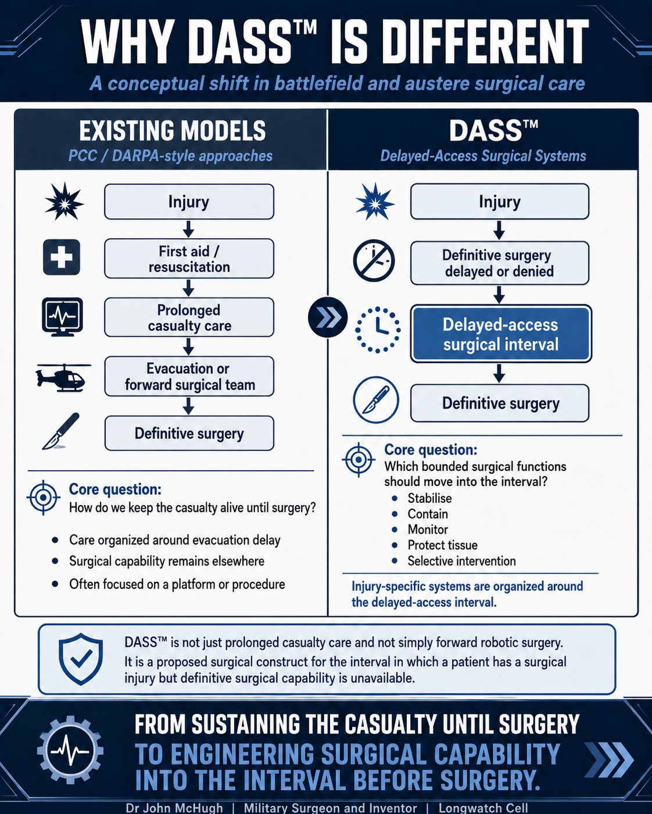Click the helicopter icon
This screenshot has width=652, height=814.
coord(63,377)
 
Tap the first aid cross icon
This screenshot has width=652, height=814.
coord(62,257)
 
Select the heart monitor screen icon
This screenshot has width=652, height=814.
coord(63,317)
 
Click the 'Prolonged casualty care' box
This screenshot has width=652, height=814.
coord(189,318)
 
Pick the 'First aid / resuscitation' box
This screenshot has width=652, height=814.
coord(189,259)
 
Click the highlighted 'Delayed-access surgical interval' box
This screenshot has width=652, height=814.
coord(501,334)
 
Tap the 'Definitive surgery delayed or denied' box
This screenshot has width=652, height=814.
coord(499,263)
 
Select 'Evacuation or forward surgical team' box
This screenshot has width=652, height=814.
coord(189,376)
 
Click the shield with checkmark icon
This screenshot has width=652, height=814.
coord(81,660)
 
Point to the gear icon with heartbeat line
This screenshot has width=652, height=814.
coord(70,750)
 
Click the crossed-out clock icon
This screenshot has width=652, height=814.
coord(374,261)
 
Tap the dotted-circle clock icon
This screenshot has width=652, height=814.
coord(378,330)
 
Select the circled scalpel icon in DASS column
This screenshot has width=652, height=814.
coord(375,400)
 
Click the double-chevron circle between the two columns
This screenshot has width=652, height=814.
coord(328,318)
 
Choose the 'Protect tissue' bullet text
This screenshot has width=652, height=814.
coord(442,545)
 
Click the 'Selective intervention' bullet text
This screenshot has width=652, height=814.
coord(461,561)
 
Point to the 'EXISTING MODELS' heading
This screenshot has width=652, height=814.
coord(172,131)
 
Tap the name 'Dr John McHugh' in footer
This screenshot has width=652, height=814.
coord(174,808)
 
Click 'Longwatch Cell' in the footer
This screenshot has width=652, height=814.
coord(483,808)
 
